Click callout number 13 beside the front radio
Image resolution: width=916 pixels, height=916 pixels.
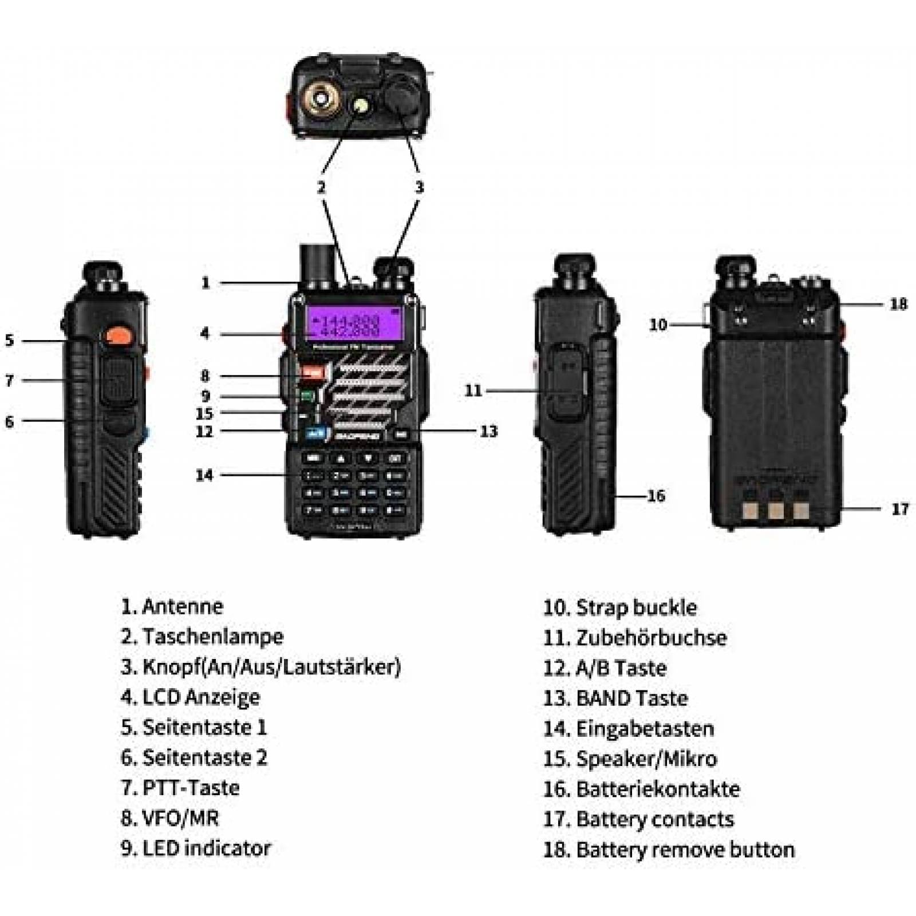(x=488, y=431)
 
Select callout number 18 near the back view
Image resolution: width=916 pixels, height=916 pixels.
(x=899, y=304)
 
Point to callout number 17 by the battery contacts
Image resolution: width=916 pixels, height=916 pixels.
(x=900, y=509)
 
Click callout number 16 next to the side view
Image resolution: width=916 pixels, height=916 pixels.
(x=656, y=496)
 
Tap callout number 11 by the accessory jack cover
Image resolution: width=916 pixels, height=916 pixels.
(x=473, y=390)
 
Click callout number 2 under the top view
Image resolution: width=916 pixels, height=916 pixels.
(x=322, y=187)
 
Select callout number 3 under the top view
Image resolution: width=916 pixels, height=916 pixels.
(x=420, y=187)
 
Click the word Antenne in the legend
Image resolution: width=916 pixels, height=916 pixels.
(x=182, y=606)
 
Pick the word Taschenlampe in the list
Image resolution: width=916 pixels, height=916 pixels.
(x=212, y=637)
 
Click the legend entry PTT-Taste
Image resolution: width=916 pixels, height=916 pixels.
(x=190, y=788)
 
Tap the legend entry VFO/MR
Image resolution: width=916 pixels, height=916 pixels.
(x=180, y=818)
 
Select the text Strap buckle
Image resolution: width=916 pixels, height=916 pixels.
(x=636, y=607)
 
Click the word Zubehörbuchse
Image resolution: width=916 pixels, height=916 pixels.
(x=651, y=638)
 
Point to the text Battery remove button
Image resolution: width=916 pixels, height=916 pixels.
(x=685, y=850)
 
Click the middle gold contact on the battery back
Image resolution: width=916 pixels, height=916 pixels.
(x=776, y=510)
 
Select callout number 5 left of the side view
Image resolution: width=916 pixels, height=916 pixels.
(x=9, y=340)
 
